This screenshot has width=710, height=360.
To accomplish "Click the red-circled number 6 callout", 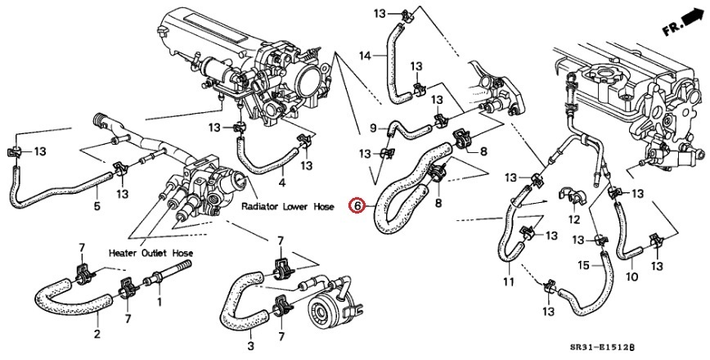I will pyautogui.click(x=356, y=205).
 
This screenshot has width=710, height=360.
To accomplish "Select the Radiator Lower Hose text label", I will pyautogui.click(x=288, y=207).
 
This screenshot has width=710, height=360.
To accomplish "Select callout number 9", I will pyautogui.click(x=374, y=128).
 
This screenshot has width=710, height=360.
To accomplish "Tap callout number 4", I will pyautogui.click(x=282, y=182).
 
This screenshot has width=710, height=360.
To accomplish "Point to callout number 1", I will pyautogui.click(x=159, y=302).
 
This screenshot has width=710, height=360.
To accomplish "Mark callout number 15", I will pyautogui.click(x=584, y=264).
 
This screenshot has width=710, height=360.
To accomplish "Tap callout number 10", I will pyautogui.click(x=631, y=277).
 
